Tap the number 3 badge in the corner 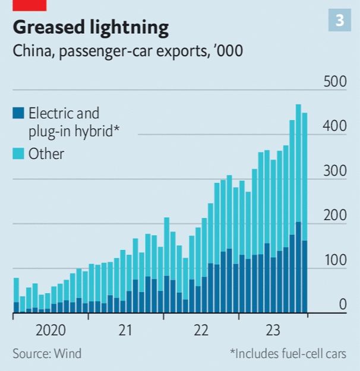click(340, 21)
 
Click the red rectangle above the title click(30, 5)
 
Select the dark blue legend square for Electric click(18, 112)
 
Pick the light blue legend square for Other click(18, 154)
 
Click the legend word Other click(46, 154)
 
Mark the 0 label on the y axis click(343, 305)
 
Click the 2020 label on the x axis click(50, 331)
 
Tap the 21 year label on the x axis click(125, 331)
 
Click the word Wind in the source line click(68, 354)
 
